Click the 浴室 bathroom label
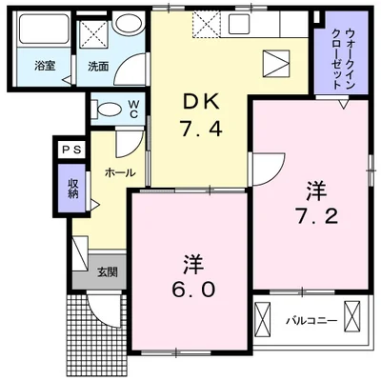pyautogui.click(x=43, y=66)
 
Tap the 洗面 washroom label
pyautogui.click(x=99, y=66)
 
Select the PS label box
pyautogui.click(x=71, y=149)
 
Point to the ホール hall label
pyautogui.click(x=119, y=173)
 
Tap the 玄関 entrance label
pyautogui.click(x=107, y=271)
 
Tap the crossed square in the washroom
pyautogui.click(x=94, y=35)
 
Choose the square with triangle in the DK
pyautogui.click(x=277, y=63)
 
